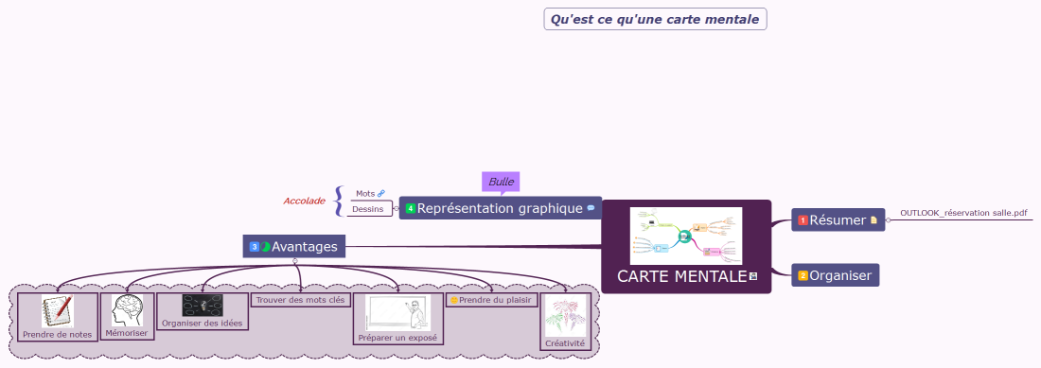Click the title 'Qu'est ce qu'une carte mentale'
[655, 19]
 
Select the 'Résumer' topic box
[838, 219]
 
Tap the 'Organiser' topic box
[838, 275]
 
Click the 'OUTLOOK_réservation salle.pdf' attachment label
[963, 213]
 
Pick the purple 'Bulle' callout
[501, 182]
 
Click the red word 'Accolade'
[304, 201]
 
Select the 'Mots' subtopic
[365, 193]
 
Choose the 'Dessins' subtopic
[368, 209]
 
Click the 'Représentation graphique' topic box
[500, 208]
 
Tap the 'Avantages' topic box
[294, 247]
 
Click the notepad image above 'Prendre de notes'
[57, 310]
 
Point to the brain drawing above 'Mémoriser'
[128, 309]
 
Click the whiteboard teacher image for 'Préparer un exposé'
[397, 312]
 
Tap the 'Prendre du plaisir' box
[491, 300]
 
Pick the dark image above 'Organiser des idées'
[202, 306]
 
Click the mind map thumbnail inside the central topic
[686, 237]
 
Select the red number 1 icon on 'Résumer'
[803, 220]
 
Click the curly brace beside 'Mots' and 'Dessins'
[338, 201]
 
